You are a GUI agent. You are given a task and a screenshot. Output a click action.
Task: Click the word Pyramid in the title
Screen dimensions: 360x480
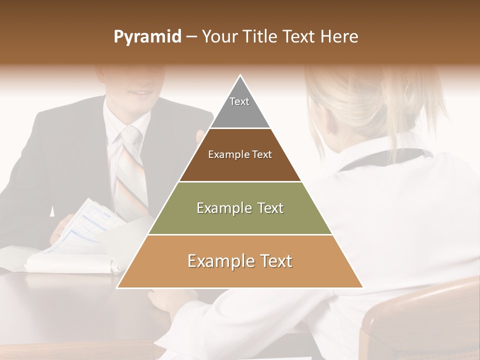[147, 37]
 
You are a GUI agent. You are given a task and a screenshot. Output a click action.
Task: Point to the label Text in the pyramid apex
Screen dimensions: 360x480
[239, 101]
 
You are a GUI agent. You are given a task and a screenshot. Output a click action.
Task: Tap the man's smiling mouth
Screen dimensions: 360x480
[138, 93]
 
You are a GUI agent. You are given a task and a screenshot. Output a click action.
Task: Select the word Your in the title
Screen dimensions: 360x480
[219, 36]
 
